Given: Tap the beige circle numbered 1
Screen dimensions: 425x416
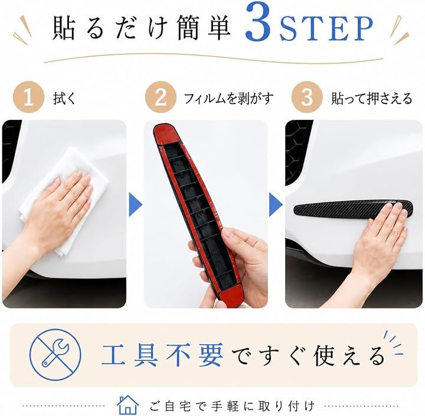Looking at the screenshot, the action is [x=28, y=97].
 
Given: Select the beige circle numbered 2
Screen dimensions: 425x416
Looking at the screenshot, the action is [x=161, y=97].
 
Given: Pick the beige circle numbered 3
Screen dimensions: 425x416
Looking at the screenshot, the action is [x=307, y=97].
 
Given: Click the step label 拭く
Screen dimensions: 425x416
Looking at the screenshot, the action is [x=64, y=98].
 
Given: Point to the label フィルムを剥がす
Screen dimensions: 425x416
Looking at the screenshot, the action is [x=228, y=98].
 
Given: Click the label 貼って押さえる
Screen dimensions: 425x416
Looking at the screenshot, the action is [x=372, y=98].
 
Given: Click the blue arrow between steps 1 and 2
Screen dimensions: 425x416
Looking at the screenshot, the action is [x=135, y=204].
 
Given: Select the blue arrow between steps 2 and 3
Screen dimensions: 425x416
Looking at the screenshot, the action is [x=276, y=204].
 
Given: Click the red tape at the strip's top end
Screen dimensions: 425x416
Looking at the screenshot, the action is [x=165, y=134].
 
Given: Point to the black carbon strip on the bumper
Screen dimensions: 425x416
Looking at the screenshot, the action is [x=352, y=208].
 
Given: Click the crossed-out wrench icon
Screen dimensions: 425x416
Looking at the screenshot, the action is [x=55, y=355].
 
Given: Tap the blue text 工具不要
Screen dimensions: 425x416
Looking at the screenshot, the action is [x=162, y=355].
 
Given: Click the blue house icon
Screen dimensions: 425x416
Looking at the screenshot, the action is [x=127, y=405].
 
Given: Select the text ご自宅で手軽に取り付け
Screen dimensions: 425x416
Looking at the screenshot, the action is [x=232, y=406].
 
